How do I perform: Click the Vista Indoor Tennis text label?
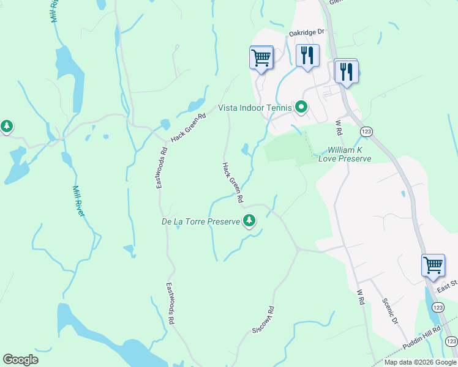point(255,108)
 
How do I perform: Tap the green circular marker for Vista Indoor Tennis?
point(301,108)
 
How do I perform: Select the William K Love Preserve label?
point(349,154)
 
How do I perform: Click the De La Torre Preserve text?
point(200,221)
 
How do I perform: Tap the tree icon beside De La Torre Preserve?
point(249,220)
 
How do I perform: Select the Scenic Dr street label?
point(389,311)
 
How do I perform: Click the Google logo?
point(20,360)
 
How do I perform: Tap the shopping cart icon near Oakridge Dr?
point(261,58)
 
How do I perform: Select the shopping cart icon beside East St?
point(433,265)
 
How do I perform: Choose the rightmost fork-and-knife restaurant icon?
point(347,72)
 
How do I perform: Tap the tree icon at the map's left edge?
point(7,127)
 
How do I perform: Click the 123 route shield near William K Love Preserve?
point(366,131)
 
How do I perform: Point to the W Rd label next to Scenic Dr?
point(361,297)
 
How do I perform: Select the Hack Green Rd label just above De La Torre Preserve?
point(233,182)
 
